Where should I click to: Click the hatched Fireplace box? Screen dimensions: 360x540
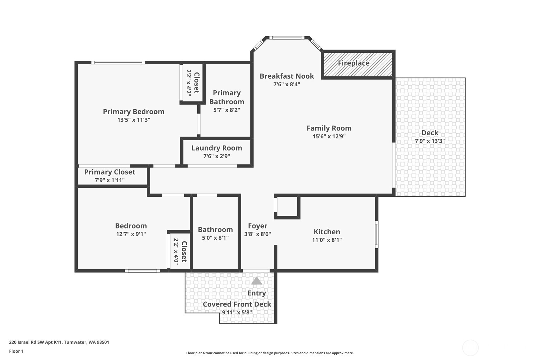(358, 65)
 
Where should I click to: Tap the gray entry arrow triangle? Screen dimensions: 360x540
(256, 281)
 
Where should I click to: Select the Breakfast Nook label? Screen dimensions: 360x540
(287, 76)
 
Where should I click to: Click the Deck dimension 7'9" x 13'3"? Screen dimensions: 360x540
(430, 141)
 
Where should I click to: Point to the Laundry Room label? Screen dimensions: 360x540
(217, 148)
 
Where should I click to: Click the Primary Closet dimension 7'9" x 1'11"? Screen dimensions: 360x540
(109, 180)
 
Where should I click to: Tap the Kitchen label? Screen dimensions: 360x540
(327, 232)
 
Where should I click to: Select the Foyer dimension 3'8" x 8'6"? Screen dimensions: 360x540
(257, 234)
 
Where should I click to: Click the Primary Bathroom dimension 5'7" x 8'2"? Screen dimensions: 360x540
(227, 110)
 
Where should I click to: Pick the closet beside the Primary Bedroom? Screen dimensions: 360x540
(192, 83)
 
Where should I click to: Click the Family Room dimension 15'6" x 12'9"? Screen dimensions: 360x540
(329, 136)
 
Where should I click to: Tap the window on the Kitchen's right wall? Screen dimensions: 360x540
(377, 234)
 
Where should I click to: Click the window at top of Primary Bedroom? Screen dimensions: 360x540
(118, 63)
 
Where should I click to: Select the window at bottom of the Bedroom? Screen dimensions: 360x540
(142, 271)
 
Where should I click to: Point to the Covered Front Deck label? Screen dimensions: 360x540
(237, 304)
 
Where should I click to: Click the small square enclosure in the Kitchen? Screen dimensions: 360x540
(287, 207)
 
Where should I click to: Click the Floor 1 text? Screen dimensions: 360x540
(16, 351)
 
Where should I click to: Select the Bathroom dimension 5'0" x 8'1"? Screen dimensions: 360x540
(215, 238)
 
